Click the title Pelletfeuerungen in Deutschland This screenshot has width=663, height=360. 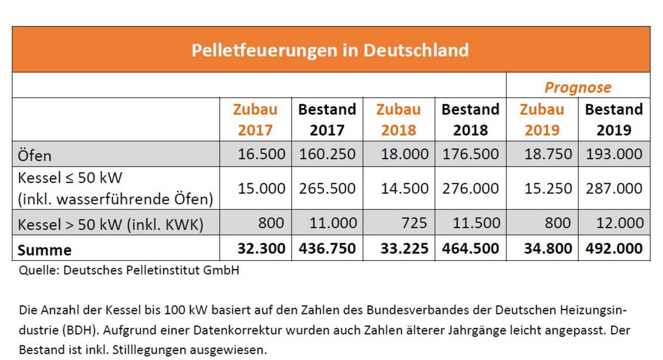330,50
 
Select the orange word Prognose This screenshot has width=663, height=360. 578,88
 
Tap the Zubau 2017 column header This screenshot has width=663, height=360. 255,120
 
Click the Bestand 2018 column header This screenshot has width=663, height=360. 470,120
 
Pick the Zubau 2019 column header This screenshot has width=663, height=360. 542,120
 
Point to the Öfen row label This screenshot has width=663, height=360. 35,155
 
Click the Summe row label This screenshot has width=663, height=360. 45,250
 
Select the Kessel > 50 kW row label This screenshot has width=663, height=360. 110,224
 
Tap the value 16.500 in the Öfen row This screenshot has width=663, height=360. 261,154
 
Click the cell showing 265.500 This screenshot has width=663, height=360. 327,188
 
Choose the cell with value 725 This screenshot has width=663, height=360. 414,223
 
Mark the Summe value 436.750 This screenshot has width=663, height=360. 327,248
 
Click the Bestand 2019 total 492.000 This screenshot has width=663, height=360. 614,248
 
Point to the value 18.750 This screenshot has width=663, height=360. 548,154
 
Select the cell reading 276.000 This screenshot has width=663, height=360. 470,188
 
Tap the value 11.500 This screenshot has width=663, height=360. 476,223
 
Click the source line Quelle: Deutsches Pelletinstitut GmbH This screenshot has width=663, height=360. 129,270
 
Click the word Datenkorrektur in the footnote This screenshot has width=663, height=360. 238,330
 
